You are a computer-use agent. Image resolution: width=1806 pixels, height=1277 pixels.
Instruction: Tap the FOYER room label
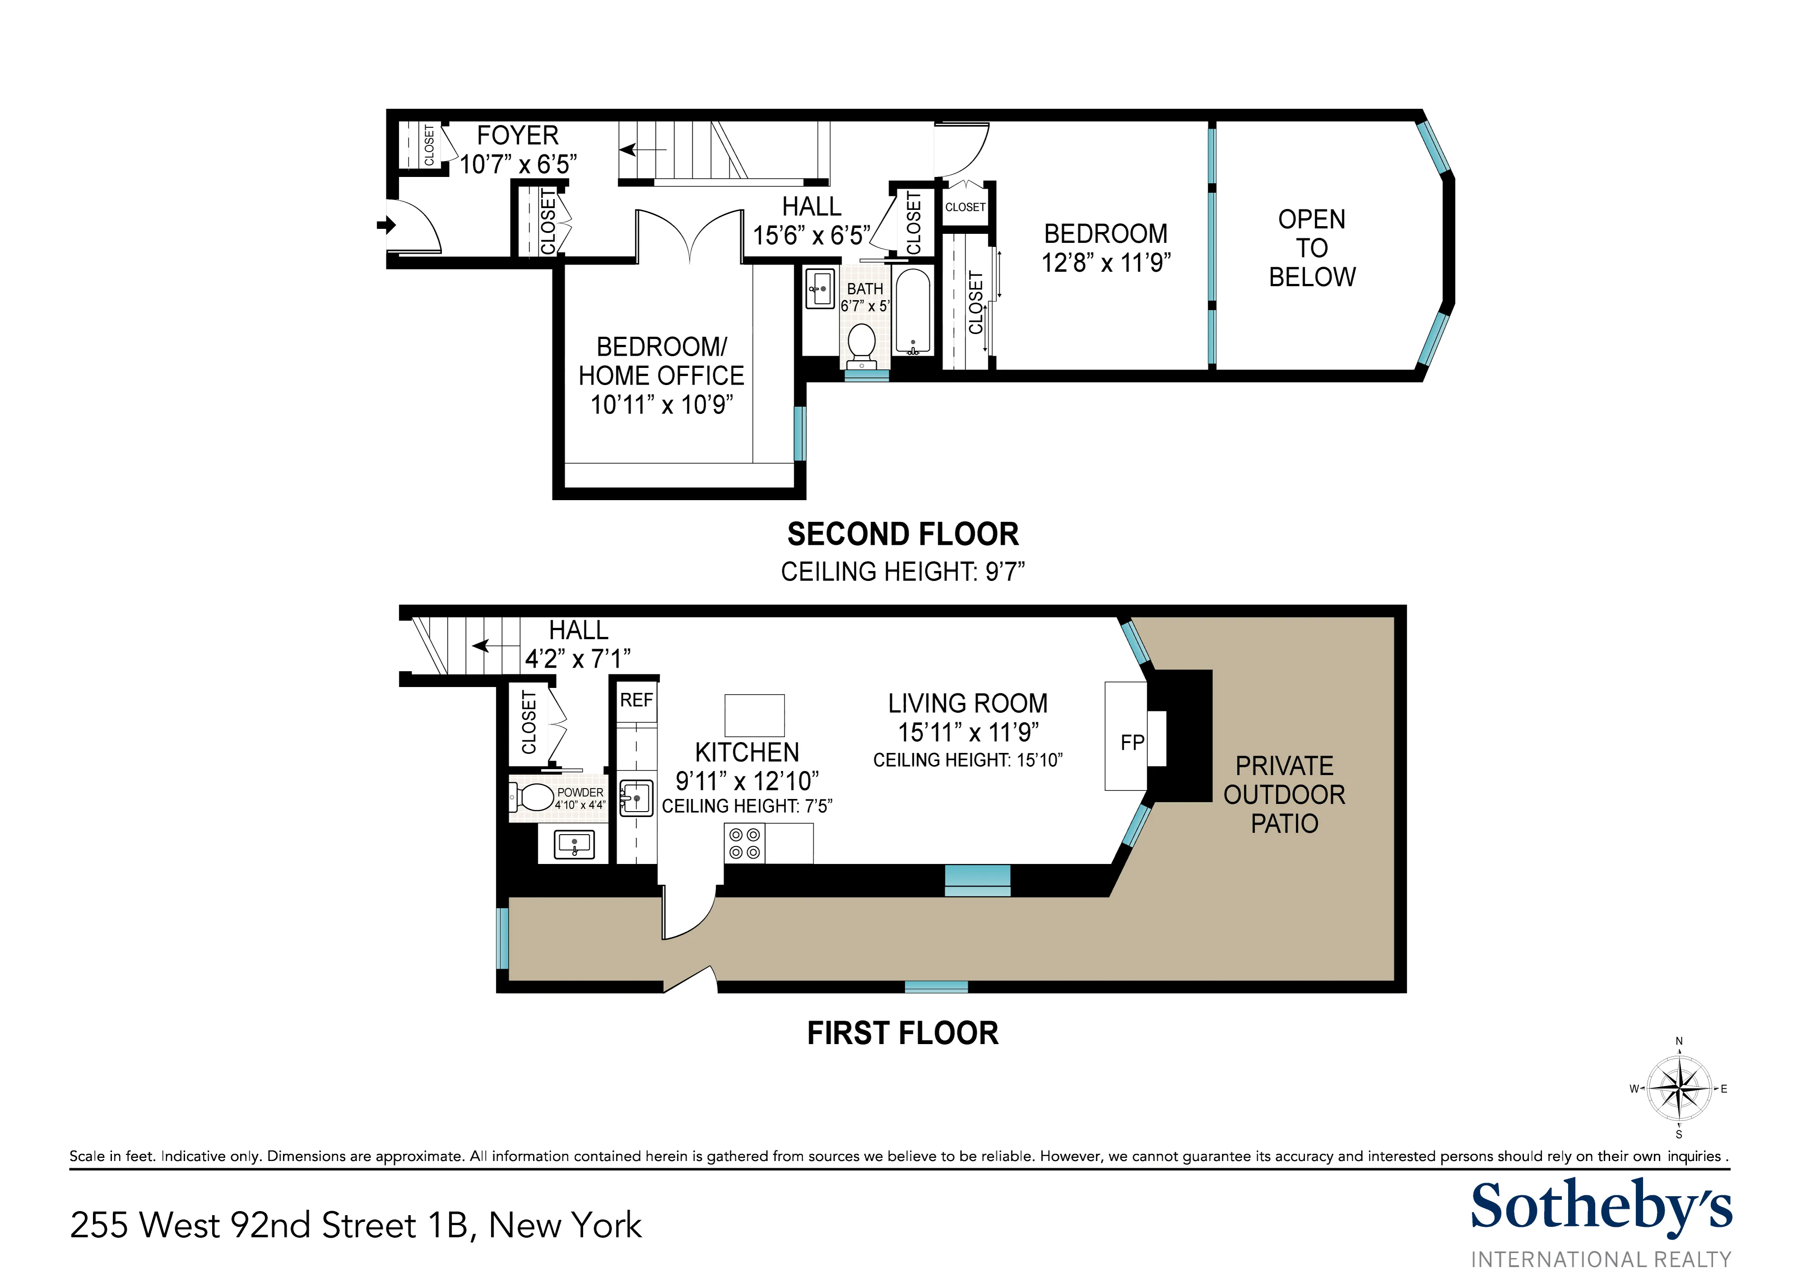point(518,135)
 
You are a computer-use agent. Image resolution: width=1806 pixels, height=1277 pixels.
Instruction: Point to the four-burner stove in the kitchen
point(744,844)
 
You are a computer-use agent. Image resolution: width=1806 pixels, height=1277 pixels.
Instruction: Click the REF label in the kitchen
point(636,700)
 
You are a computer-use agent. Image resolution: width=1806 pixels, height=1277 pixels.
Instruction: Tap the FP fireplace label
point(1132,742)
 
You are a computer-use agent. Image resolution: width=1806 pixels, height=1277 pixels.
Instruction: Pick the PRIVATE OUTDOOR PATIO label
point(1284,794)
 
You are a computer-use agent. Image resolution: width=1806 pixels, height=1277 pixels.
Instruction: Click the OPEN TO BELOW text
point(1311,248)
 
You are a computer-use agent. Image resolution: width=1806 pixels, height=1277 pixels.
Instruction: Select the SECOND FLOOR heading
point(903,534)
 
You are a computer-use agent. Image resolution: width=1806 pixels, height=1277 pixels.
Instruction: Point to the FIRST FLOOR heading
point(903,1033)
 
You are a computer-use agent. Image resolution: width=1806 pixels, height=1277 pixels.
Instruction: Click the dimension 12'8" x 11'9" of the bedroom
point(1106,263)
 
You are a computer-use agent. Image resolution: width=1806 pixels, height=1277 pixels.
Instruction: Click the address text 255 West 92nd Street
point(356,1225)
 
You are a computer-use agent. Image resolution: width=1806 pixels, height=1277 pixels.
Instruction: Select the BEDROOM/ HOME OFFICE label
point(662,361)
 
